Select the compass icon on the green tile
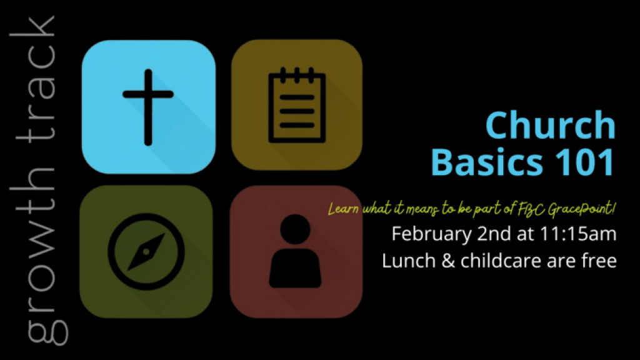(146, 251)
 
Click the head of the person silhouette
(295, 230)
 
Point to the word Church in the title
(550, 125)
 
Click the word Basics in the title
(487, 162)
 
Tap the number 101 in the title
(584, 162)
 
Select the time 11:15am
(578, 234)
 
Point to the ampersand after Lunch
(448, 261)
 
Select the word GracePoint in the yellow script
(581, 209)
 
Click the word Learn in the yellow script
(343, 209)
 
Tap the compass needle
(146, 252)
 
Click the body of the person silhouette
(295, 268)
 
